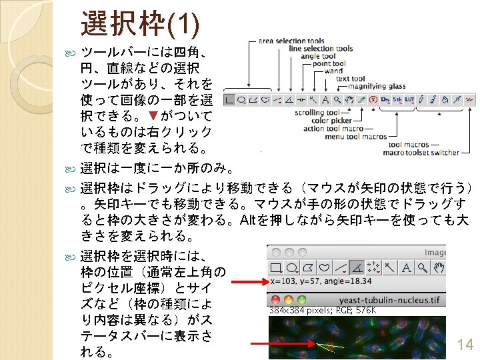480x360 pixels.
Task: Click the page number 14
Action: pos(465,345)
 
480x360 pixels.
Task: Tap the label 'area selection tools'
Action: pos(291,41)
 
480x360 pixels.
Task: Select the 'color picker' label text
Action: pos(332,121)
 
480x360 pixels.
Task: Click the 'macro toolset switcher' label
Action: pos(421,153)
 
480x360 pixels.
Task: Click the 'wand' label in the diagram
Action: pos(333,71)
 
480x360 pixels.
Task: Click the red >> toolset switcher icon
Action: pos(469,100)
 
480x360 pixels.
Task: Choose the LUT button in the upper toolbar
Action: pos(409,100)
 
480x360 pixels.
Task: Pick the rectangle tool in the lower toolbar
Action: pos(275,268)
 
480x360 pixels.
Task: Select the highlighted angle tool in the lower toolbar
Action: pos(357,268)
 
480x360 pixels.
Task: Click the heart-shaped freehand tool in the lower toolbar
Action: pos(325,268)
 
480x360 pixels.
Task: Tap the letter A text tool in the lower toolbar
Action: pos(423,268)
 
